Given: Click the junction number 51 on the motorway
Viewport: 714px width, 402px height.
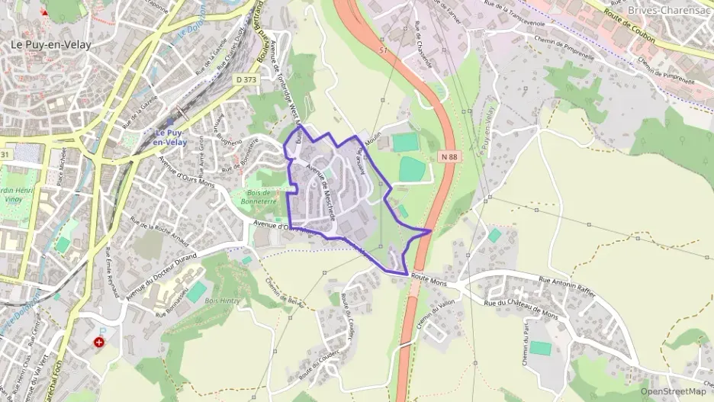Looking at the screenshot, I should [383, 50].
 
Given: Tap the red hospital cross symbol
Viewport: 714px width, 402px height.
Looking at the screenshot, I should [99, 343].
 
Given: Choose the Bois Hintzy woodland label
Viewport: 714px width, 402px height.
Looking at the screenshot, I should [222, 301].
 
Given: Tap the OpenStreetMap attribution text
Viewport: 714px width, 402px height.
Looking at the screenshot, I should [672, 391].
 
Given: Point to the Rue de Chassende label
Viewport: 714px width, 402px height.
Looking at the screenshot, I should [423, 46].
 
